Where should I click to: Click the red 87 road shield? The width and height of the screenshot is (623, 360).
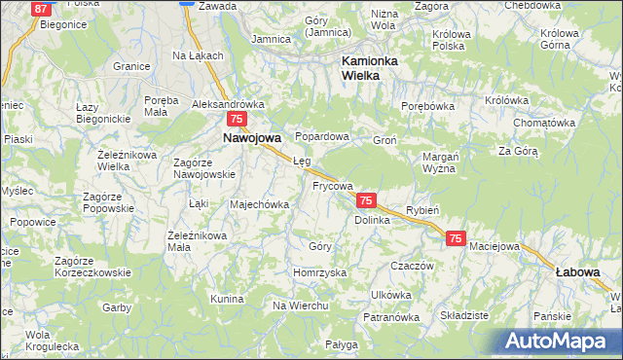(42, 9)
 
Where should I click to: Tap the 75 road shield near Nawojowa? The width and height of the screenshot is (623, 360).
(236, 119)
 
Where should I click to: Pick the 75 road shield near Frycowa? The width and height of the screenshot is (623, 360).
(366, 199)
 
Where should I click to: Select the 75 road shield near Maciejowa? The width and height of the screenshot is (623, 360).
(457, 237)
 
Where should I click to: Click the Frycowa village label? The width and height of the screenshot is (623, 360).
(332, 185)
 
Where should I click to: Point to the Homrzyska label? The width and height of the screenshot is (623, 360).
(320, 272)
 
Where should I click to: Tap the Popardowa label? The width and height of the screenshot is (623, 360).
(321, 137)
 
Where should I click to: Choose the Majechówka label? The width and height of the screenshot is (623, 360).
(259, 204)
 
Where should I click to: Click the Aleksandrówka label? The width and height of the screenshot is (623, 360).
(229, 103)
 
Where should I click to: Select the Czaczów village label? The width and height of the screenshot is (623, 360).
(411, 265)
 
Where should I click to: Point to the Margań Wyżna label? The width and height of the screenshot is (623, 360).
(441, 162)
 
